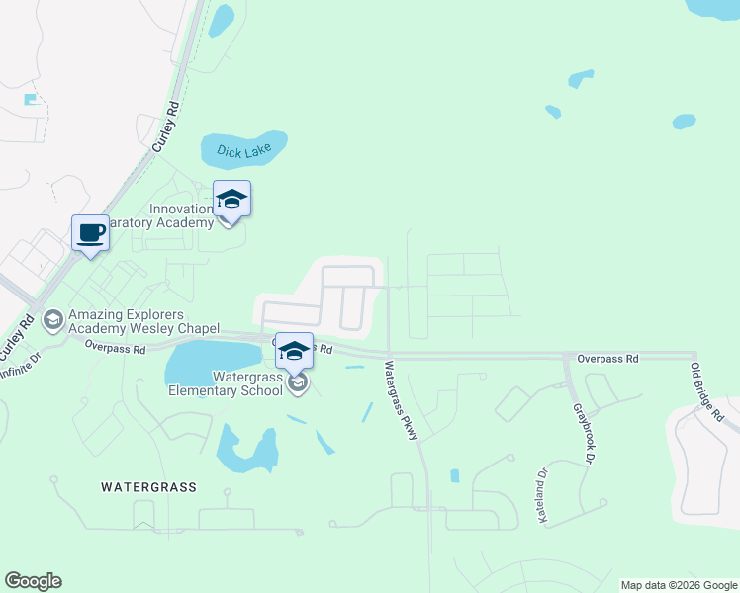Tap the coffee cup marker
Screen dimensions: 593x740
pos(90,233)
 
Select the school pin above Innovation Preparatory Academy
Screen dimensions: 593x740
pos(231,200)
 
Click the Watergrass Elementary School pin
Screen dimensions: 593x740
pos(294,351)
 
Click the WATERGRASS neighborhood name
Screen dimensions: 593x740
pos(148,487)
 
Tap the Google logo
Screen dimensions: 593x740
pos(33,581)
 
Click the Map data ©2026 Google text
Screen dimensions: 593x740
pos(679,585)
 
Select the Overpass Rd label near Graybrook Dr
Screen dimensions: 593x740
pos(608,360)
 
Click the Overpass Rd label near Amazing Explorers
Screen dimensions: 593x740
pos(115,348)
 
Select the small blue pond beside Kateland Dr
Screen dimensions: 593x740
pos(454,475)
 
